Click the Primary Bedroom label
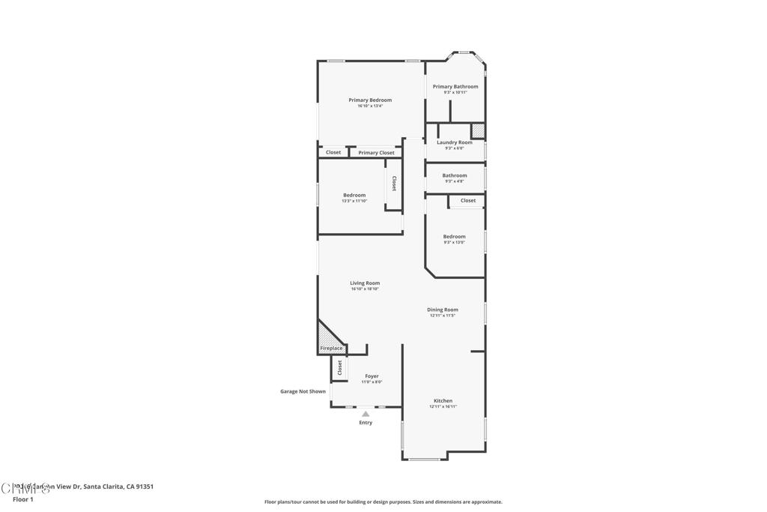tap(369, 100)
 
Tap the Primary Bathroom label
tap(455, 86)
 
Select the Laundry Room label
tap(455, 142)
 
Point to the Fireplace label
tap(331, 349)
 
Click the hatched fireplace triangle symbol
tap(327, 336)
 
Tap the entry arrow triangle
tap(366, 414)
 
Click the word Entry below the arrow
tap(366, 423)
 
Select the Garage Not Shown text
tap(303, 391)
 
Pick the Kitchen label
tap(443, 401)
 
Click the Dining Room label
tap(443, 310)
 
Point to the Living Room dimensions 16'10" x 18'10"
tap(365, 289)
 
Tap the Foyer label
tap(372, 376)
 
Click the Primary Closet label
tap(376, 153)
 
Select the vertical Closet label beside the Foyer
tap(339, 367)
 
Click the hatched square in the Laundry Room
tap(478, 131)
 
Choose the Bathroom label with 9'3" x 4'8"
tap(455, 175)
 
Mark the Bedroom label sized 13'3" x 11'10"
tap(354, 195)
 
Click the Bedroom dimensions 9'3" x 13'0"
tap(454, 242)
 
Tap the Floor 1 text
tap(23, 499)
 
